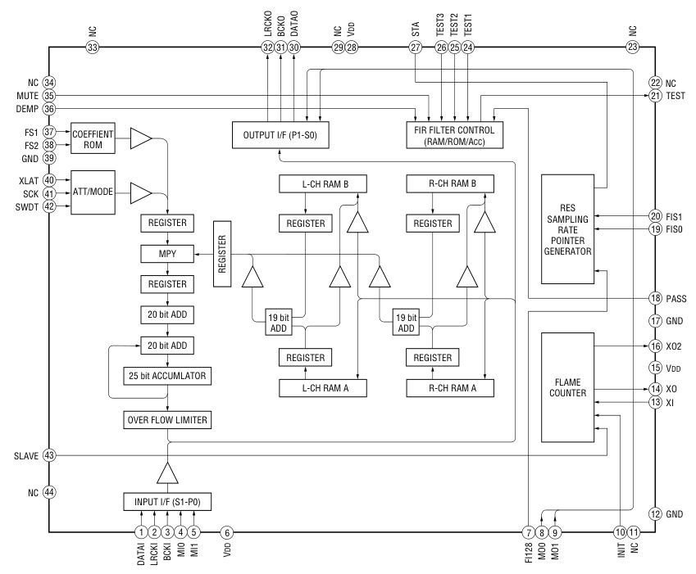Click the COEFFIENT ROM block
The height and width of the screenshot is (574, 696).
click(93, 138)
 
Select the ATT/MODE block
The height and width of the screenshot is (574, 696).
click(93, 193)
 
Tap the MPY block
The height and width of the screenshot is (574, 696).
click(167, 254)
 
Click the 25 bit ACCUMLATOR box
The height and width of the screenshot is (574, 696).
click(167, 376)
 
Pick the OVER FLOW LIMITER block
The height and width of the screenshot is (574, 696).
click(167, 420)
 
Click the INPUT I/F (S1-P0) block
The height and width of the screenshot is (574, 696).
click(167, 501)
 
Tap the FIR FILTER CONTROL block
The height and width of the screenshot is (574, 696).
click(454, 133)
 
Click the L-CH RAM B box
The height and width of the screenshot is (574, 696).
click(323, 184)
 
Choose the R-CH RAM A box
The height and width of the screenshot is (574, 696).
click(451, 388)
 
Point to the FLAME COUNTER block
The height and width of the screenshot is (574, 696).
click(567, 386)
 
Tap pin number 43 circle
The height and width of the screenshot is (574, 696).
click(49, 455)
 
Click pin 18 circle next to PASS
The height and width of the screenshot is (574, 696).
click(654, 299)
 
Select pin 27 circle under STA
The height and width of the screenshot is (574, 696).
click(416, 48)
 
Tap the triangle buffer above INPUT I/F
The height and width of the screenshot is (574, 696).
click(167, 472)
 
